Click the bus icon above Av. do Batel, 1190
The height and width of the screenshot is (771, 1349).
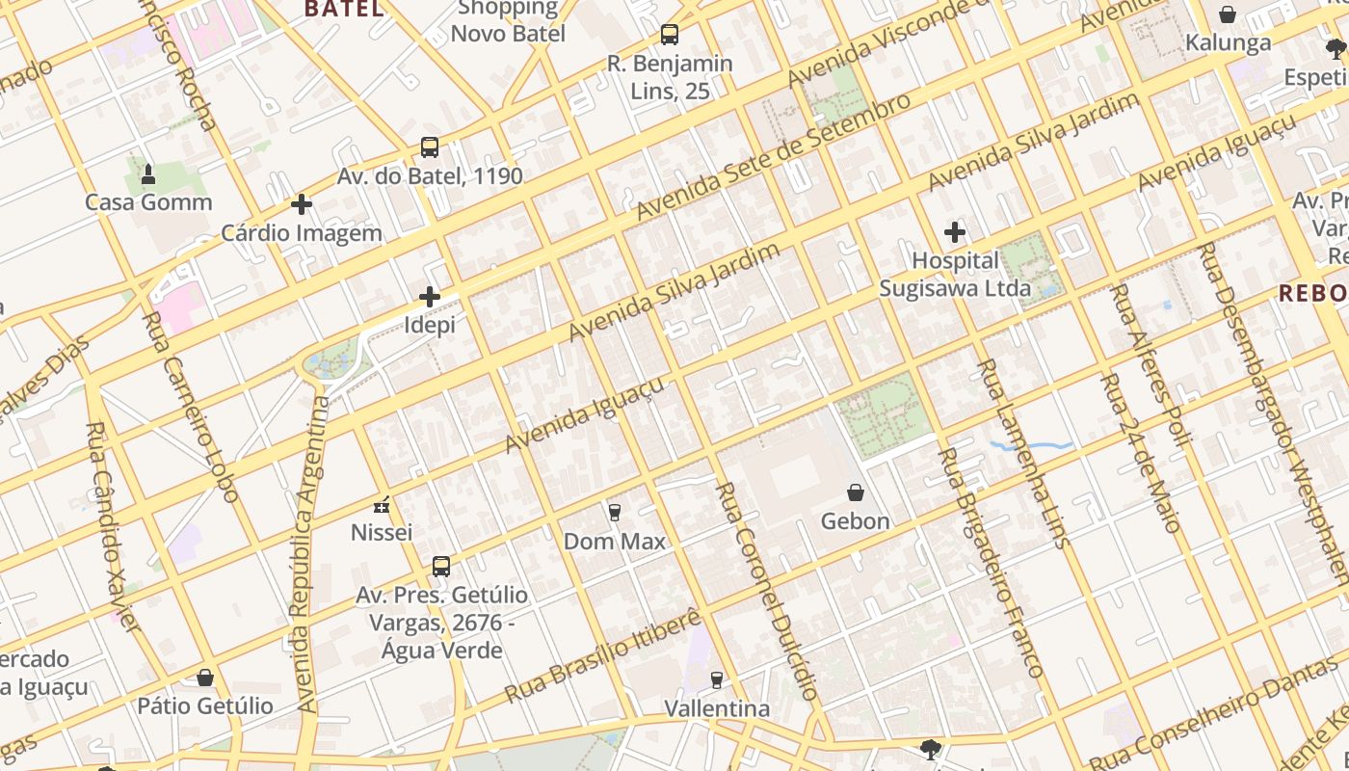(x=430, y=147)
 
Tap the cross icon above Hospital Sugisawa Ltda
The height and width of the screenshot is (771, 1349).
(x=955, y=232)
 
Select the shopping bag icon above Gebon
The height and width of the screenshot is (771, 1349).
(x=855, y=492)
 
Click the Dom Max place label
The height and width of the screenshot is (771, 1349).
(x=615, y=542)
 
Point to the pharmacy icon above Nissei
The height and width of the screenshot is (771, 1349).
(x=382, y=505)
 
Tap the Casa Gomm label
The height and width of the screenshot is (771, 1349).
(x=148, y=202)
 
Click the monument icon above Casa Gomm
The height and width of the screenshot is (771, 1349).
(x=148, y=174)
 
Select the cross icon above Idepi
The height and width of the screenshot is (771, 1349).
(x=430, y=297)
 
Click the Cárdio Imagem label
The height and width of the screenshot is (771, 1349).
(x=302, y=233)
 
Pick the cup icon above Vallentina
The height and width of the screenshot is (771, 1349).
(x=716, y=680)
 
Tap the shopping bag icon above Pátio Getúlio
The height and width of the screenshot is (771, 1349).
(x=205, y=678)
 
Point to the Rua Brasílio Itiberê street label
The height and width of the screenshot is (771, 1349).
(x=603, y=655)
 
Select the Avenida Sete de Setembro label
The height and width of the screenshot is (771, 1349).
(x=773, y=156)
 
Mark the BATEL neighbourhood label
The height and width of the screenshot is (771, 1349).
(x=344, y=10)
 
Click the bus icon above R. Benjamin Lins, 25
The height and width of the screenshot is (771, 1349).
(x=670, y=35)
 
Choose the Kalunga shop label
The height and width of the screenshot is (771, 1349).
(x=1228, y=43)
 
